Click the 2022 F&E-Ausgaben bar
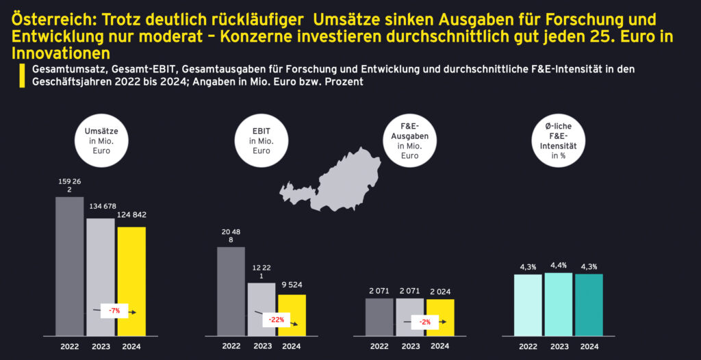pyautogui.click(x=379, y=317)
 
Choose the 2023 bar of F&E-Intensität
pyautogui.click(x=559, y=305)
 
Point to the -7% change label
pyautogui.click(x=114, y=311)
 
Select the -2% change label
pyautogui.click(x=425, y=322)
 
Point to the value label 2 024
pyautogui.click(x=439, y=291)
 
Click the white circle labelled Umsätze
pyautogui.click(x=102, y=140)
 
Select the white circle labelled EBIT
pyautogui.click(x=260, y=140)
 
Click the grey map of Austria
pyautogui.click(x=335, y=181)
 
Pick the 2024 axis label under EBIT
pyautogui.click(x=292, y=346)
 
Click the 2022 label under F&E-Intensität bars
pyautogui.click(x=528, y=346)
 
